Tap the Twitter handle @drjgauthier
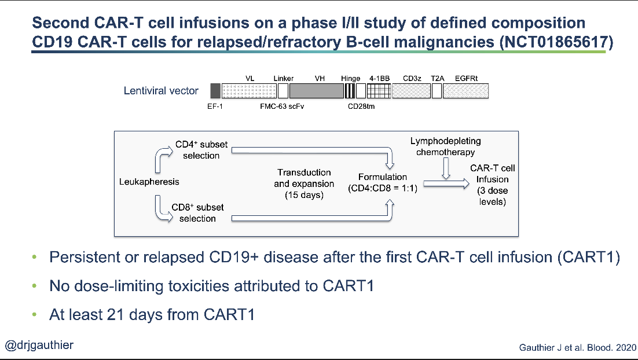39,346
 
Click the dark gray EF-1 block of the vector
215,90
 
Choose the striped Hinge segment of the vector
350,90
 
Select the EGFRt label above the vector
466,78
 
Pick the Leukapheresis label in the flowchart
149,182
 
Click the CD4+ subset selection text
200,150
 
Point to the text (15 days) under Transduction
304,195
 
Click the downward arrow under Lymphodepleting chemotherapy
445,169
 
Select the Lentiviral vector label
161,90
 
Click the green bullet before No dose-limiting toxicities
35,286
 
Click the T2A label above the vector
437,78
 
